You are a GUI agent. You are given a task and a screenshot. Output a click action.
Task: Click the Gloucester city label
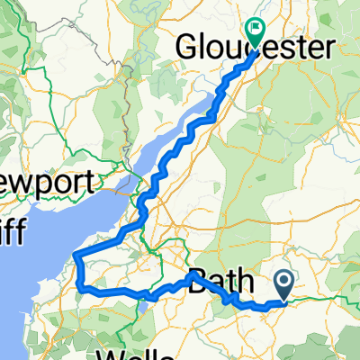point(256,48)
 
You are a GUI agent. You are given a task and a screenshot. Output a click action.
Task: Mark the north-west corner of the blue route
point(78,256)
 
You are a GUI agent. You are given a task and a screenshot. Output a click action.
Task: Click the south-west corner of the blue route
point(83,289)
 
